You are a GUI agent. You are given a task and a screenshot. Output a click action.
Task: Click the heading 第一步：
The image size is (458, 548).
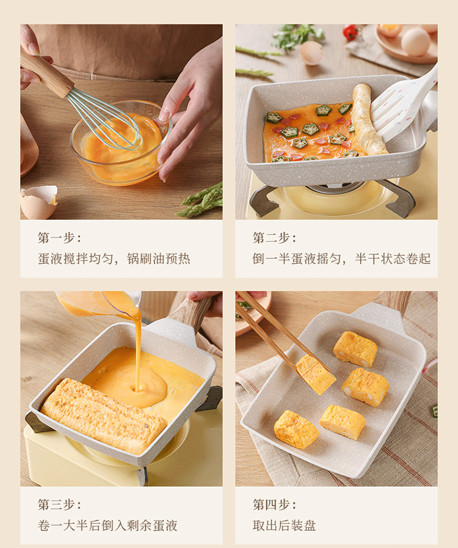(x=59, y=238)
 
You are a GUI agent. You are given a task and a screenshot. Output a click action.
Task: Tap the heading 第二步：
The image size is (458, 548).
(x=275, y=238)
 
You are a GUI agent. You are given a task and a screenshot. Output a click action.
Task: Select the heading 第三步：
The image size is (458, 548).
(x=59, y=505)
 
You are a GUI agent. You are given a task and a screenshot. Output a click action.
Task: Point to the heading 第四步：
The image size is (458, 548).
(x=275, y=505)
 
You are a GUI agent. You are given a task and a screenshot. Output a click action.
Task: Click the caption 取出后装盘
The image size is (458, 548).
(x=285, y=525)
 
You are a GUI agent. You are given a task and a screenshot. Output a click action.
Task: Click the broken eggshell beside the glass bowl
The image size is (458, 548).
(x=38, y=202)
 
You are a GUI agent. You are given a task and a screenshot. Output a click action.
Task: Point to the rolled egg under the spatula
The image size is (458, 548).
(x=368, y=119)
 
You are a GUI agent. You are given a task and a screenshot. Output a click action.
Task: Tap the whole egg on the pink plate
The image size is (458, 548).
(x=415, y=42)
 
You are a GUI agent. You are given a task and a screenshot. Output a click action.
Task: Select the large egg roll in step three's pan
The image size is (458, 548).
(x=103, y=415)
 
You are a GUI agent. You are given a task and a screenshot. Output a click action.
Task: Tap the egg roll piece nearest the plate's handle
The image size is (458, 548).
(x=355, y=349)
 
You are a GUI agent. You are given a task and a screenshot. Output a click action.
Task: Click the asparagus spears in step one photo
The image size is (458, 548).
(x=200, y=201)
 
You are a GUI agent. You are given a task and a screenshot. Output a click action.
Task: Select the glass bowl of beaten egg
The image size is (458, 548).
(x=121, y=143)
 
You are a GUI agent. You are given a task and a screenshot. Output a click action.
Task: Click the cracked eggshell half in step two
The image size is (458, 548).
(x=311, y=53)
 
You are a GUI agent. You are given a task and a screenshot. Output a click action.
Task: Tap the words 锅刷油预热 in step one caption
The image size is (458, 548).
(x=158, y=258)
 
